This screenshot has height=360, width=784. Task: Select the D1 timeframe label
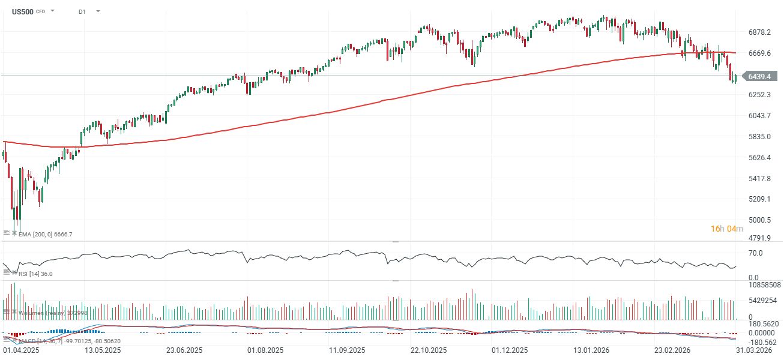click(x=82, y=11)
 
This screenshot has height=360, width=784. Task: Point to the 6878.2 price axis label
click(x=759, y=32)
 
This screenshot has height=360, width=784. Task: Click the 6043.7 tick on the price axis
click(x=759, y=115)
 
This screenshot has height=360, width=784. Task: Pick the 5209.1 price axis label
click(x=759, y=199)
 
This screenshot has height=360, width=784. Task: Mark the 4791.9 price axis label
click(x=759, y=238)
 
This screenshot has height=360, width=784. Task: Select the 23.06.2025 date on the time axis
click(x=182, y=350)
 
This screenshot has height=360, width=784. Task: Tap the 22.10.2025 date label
click(x=428, y=350)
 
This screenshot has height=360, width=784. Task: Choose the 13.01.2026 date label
click(x=591, y=350)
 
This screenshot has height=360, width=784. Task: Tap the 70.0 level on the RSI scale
click(x=755, y=253)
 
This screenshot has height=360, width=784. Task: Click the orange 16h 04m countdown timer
click(x=727, y=229)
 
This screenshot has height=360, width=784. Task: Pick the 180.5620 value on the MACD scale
click(x=762, y=323)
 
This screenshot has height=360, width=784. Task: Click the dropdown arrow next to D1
click(x=98, y=11)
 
